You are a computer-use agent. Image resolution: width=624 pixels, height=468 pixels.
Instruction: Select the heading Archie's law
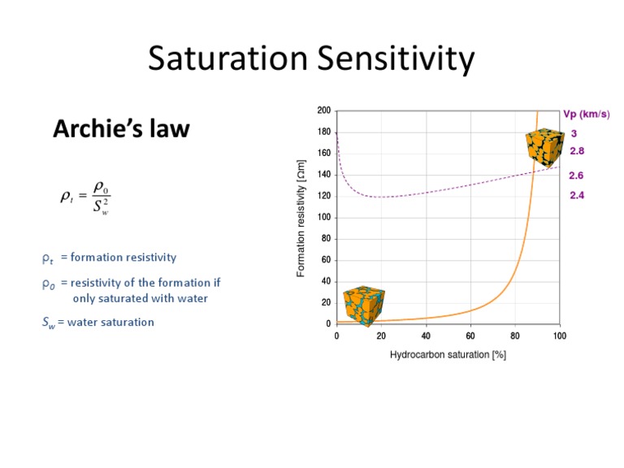click(x=122, y=128)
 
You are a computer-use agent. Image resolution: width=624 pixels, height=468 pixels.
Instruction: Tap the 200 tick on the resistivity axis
click(x=323, y=110)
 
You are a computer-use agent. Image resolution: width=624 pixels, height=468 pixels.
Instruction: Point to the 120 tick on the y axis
click(x=323, y=196)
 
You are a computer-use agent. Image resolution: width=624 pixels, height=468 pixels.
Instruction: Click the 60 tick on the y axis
click(x=325, y=260)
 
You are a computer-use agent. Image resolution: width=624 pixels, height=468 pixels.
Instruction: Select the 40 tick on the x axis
click(x=426, y=335)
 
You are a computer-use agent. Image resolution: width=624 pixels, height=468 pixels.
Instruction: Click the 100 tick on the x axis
click(x=559, y=335)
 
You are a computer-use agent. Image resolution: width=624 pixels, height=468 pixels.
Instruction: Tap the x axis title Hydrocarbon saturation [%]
click(x=448, y=355)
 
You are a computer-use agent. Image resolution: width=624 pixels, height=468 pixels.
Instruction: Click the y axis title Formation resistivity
click(x=301, y=219)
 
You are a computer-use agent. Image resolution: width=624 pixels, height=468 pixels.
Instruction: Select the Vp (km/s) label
click(x=586, y=115)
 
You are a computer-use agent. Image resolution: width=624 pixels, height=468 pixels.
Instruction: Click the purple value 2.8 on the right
click(x=577, y=150)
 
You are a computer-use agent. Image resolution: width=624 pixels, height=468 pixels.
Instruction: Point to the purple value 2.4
click(x=577, y=196)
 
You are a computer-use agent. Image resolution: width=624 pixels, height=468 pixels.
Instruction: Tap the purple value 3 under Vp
click(x=573, y=133)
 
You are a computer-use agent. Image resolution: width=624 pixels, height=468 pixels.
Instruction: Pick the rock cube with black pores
click(x=543, y=147)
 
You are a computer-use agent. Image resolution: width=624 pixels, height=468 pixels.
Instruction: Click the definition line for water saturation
click(x=97, y=322)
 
